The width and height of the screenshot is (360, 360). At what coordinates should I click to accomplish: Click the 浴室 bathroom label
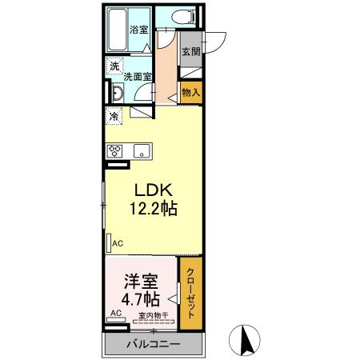pyautogui.click(x=138, y=30)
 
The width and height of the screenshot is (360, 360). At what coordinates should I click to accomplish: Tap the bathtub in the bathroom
pyautogui.click(x=119, y=28)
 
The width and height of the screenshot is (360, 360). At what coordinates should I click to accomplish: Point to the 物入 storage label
pyautogui.click(x=190, y=92)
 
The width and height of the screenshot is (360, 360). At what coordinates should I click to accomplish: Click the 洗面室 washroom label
pyautogui.click(x=138, y=78)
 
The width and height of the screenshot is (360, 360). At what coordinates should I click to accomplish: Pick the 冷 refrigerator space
pyautogui.click(x=114, y=116)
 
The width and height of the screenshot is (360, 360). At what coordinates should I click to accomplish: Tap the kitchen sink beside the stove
pyautogui.click(x=141, y=150)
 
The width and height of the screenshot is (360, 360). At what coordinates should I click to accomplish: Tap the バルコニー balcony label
pyautogui.click(x=153, y=346)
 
